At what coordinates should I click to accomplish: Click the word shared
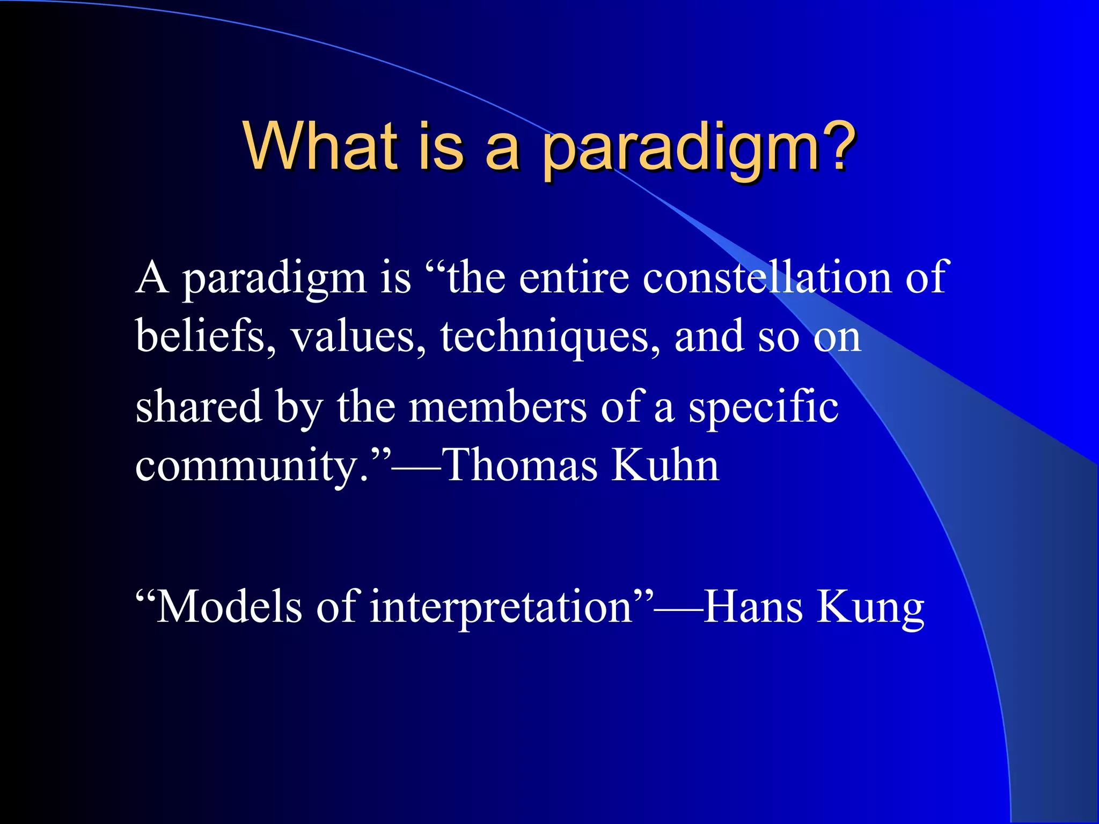tap(198, 406)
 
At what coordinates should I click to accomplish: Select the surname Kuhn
tap(665, 465)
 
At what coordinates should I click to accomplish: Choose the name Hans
tap(752, 607)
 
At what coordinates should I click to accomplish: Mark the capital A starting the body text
tap(152, 277)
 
